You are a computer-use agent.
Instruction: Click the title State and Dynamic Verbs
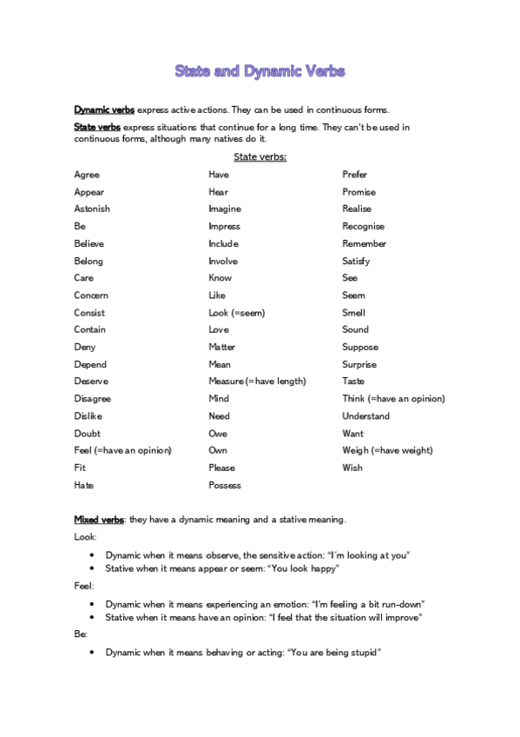coord(260,71)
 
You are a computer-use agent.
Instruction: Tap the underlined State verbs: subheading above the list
coord(260,157)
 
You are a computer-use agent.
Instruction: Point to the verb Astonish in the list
coord(92,209)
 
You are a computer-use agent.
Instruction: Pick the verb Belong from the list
coord(89,261)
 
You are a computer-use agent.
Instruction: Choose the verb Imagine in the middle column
coord(225,209)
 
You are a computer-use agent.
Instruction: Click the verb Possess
coord(225,485)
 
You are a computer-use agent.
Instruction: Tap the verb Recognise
coord(364,226)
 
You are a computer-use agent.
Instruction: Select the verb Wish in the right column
coord(352,468)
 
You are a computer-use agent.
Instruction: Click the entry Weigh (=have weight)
coord(387,450)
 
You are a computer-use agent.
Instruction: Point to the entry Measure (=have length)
coord(257,382)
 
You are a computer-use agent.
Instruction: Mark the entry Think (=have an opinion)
coord(393,399)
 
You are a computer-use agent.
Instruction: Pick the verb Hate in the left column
coord(84,485)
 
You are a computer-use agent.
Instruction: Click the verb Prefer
coord(355,175)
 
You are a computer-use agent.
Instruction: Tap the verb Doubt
coord(87,434)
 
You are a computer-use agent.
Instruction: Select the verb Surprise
coord(359,364)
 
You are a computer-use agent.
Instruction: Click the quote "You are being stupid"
coord(334,652)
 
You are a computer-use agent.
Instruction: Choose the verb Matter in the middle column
coord(221,347)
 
